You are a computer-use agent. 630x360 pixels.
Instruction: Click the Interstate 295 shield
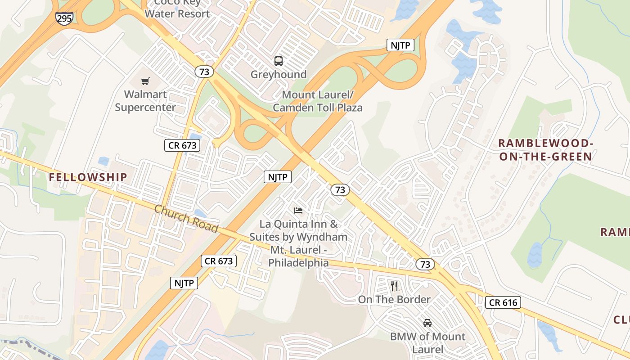tap(64, 18)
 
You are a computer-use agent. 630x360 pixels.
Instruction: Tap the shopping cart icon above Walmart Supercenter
tap(145, 81)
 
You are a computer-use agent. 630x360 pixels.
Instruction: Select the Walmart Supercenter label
tap(145, 101)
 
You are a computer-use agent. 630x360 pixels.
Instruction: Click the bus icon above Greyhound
tap(279, 61)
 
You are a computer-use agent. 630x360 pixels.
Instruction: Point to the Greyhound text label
tap(279, 74)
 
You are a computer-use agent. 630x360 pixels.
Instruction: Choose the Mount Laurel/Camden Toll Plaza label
tap(318, 101)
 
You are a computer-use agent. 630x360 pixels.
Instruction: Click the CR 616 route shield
tap(503, 302)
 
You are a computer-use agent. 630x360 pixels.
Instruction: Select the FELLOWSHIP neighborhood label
tap(88, 177)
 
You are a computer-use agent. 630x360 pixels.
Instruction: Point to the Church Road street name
tap(186, 219)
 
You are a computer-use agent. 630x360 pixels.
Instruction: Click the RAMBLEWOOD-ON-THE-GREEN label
tap(545, 150)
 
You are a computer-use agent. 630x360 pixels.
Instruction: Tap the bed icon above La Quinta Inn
tap(298, 210)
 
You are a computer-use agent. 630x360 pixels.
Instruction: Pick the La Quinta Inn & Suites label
tap(298, 243)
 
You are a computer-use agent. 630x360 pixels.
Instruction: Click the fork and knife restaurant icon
tap(394, 286)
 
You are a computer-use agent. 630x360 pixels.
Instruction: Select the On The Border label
tap(394, 299)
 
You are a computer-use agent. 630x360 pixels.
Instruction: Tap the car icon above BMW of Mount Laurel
tap(427, 323)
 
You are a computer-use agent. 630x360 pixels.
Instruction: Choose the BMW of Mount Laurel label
tap(427, 343)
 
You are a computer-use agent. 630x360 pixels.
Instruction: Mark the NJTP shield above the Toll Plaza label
tap(400, 45)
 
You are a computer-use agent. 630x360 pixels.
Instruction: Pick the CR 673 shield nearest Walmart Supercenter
tap(182, 145)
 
